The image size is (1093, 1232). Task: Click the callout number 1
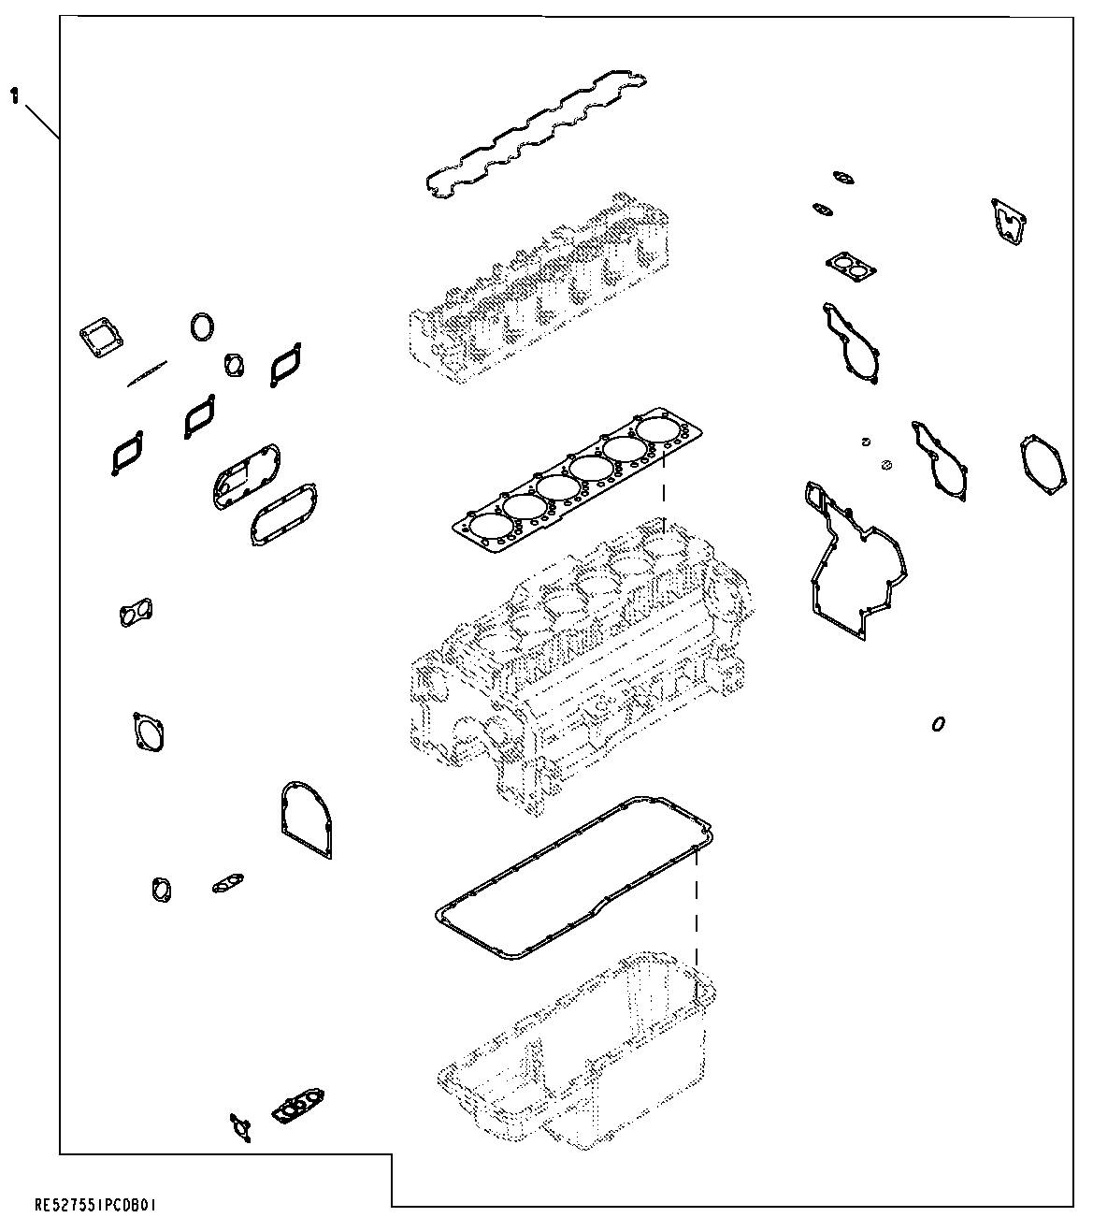[x=15, y=94]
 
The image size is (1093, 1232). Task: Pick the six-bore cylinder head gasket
[x=580, y=477]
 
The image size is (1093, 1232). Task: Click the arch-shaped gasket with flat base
[x=308, y=819]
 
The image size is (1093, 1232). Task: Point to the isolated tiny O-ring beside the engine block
[x=938, y=724]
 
